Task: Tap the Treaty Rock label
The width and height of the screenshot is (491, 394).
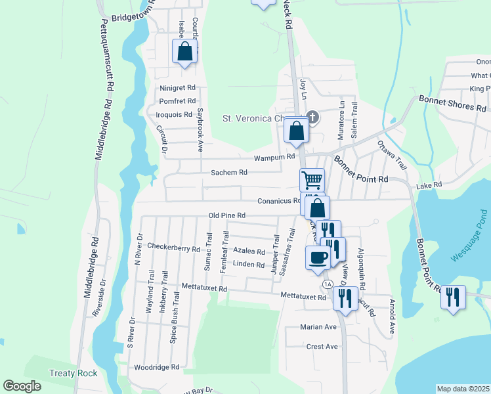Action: click(74, 374)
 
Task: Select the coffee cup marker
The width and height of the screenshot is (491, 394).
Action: click(318, 257)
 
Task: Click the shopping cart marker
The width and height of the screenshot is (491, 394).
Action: click(312, 180)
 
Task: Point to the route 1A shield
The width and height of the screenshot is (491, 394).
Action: click(327, 283)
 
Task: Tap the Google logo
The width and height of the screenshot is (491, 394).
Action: click(22, 386)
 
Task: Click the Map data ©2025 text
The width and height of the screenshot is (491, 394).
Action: click(463, 389)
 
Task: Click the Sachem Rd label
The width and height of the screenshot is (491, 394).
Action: click(228, 173)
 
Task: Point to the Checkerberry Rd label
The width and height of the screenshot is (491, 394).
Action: click(173, 248)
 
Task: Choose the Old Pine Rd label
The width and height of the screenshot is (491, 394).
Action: click(226, 215)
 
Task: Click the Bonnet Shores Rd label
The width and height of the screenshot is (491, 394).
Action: click(453, 103)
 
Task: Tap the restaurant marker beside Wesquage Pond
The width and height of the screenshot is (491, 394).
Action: click(452, 297)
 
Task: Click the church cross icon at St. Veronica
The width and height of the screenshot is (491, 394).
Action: click(312, 118)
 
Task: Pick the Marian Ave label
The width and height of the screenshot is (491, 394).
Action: click(318, 326)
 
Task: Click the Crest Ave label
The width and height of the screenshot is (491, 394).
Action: click(322, 346)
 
